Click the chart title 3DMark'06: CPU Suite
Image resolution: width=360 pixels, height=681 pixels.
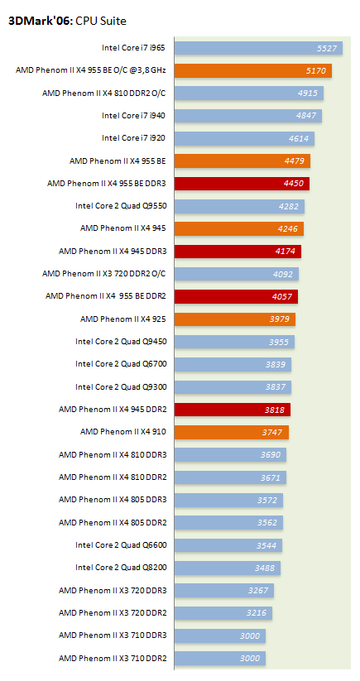pos(67,21)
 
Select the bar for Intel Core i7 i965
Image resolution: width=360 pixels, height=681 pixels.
pos(258,48)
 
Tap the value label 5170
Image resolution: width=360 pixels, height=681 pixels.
pos(315,71)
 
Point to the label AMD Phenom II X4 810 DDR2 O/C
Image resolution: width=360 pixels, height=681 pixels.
pos(104,93)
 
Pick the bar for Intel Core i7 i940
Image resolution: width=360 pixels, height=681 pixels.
pos(248,116)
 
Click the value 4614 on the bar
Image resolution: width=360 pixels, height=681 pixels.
pos(298,138)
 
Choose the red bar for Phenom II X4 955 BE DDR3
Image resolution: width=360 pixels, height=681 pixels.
pos(242,184)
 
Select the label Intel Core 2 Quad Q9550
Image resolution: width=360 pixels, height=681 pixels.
pos(121,206)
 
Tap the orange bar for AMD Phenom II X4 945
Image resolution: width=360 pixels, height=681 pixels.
pos(239,229)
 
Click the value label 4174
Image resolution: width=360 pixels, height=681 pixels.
pos(286,252)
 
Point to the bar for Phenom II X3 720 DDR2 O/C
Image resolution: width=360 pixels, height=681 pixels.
pos(237,274)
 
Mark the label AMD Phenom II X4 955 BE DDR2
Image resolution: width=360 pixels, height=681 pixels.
pos(106,296)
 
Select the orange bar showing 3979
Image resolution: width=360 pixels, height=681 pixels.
pos(235,319)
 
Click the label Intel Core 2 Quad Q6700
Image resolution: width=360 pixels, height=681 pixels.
pos(121,364)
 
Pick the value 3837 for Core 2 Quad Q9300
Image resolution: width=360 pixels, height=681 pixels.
pos(276,387)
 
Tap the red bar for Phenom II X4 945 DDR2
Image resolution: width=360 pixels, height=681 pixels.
pos(233,410)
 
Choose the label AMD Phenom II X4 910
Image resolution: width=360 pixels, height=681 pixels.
pos(123,432)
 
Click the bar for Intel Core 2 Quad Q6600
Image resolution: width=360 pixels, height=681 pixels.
pos(228,545)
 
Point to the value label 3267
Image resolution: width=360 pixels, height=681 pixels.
pos(258,590)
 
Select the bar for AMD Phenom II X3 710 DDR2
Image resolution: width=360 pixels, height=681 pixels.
pos(220,658)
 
